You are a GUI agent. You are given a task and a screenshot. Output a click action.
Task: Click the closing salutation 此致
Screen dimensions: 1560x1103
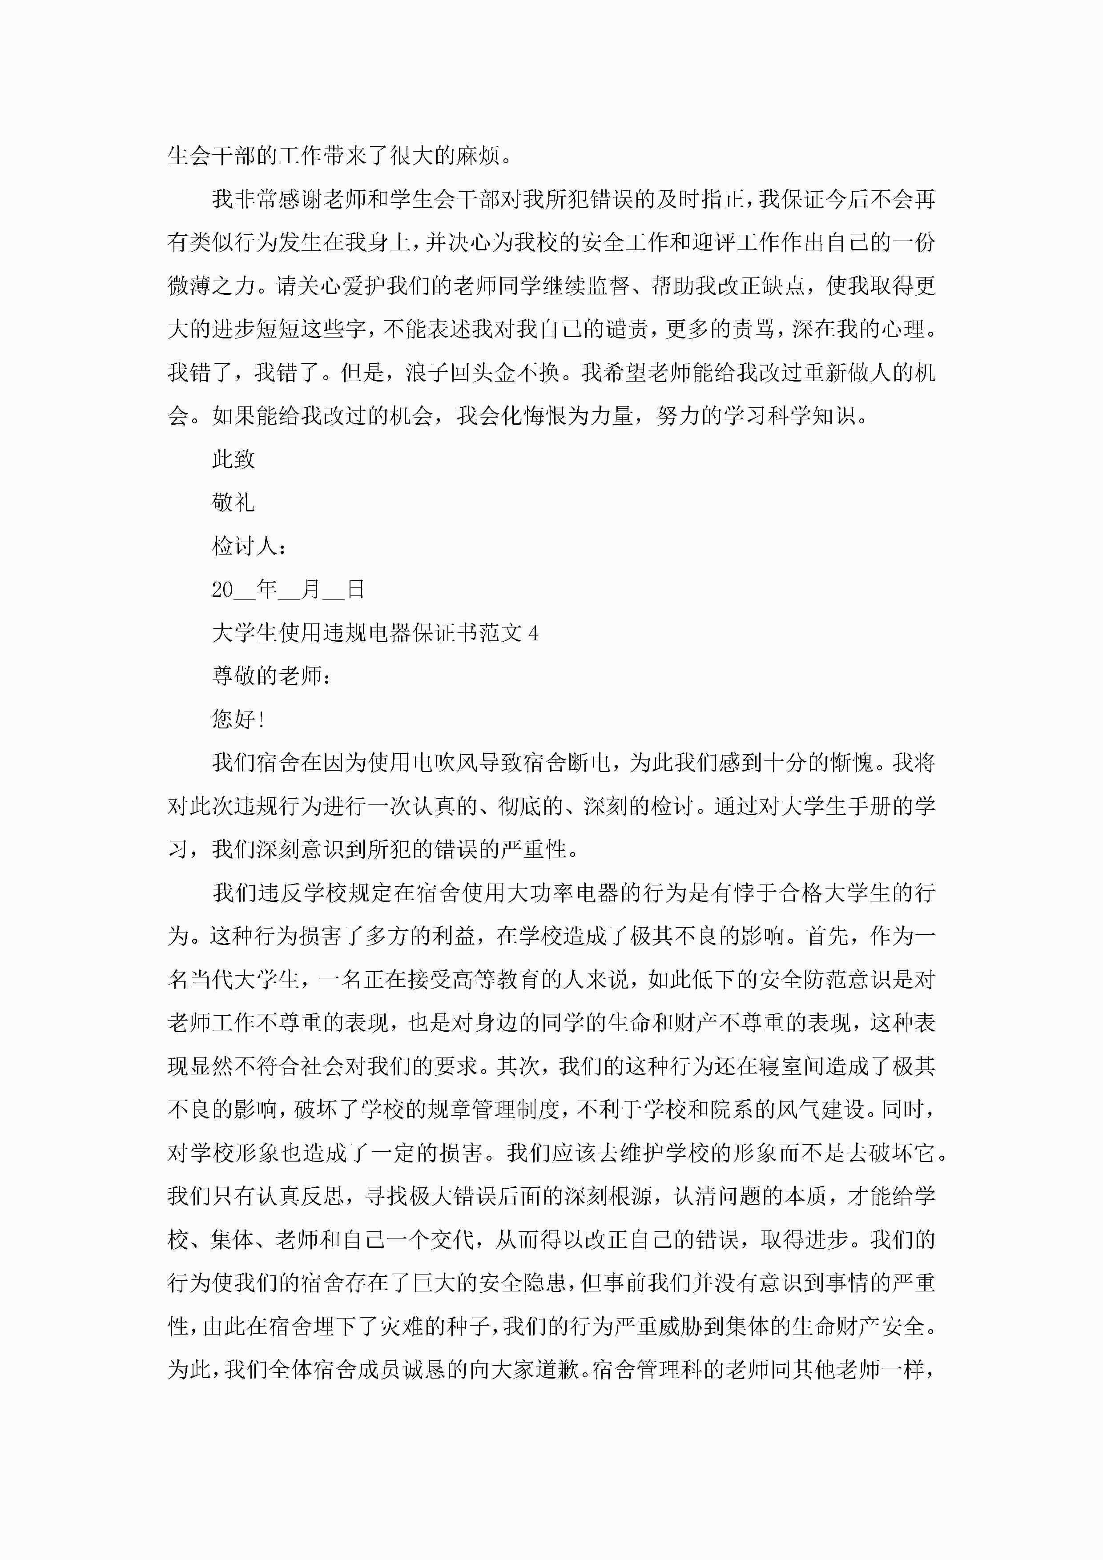pyautogui.click(x=233, y=459)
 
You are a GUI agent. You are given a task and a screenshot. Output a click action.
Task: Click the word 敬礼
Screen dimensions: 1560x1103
pyautogui.click(x=233, y=503)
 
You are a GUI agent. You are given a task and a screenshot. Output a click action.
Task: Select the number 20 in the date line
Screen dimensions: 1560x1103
pyautogui.click(x=222, y=590)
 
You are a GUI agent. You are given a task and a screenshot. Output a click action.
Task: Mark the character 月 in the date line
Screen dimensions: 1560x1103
pyautogui.click(x=310, y=590)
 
